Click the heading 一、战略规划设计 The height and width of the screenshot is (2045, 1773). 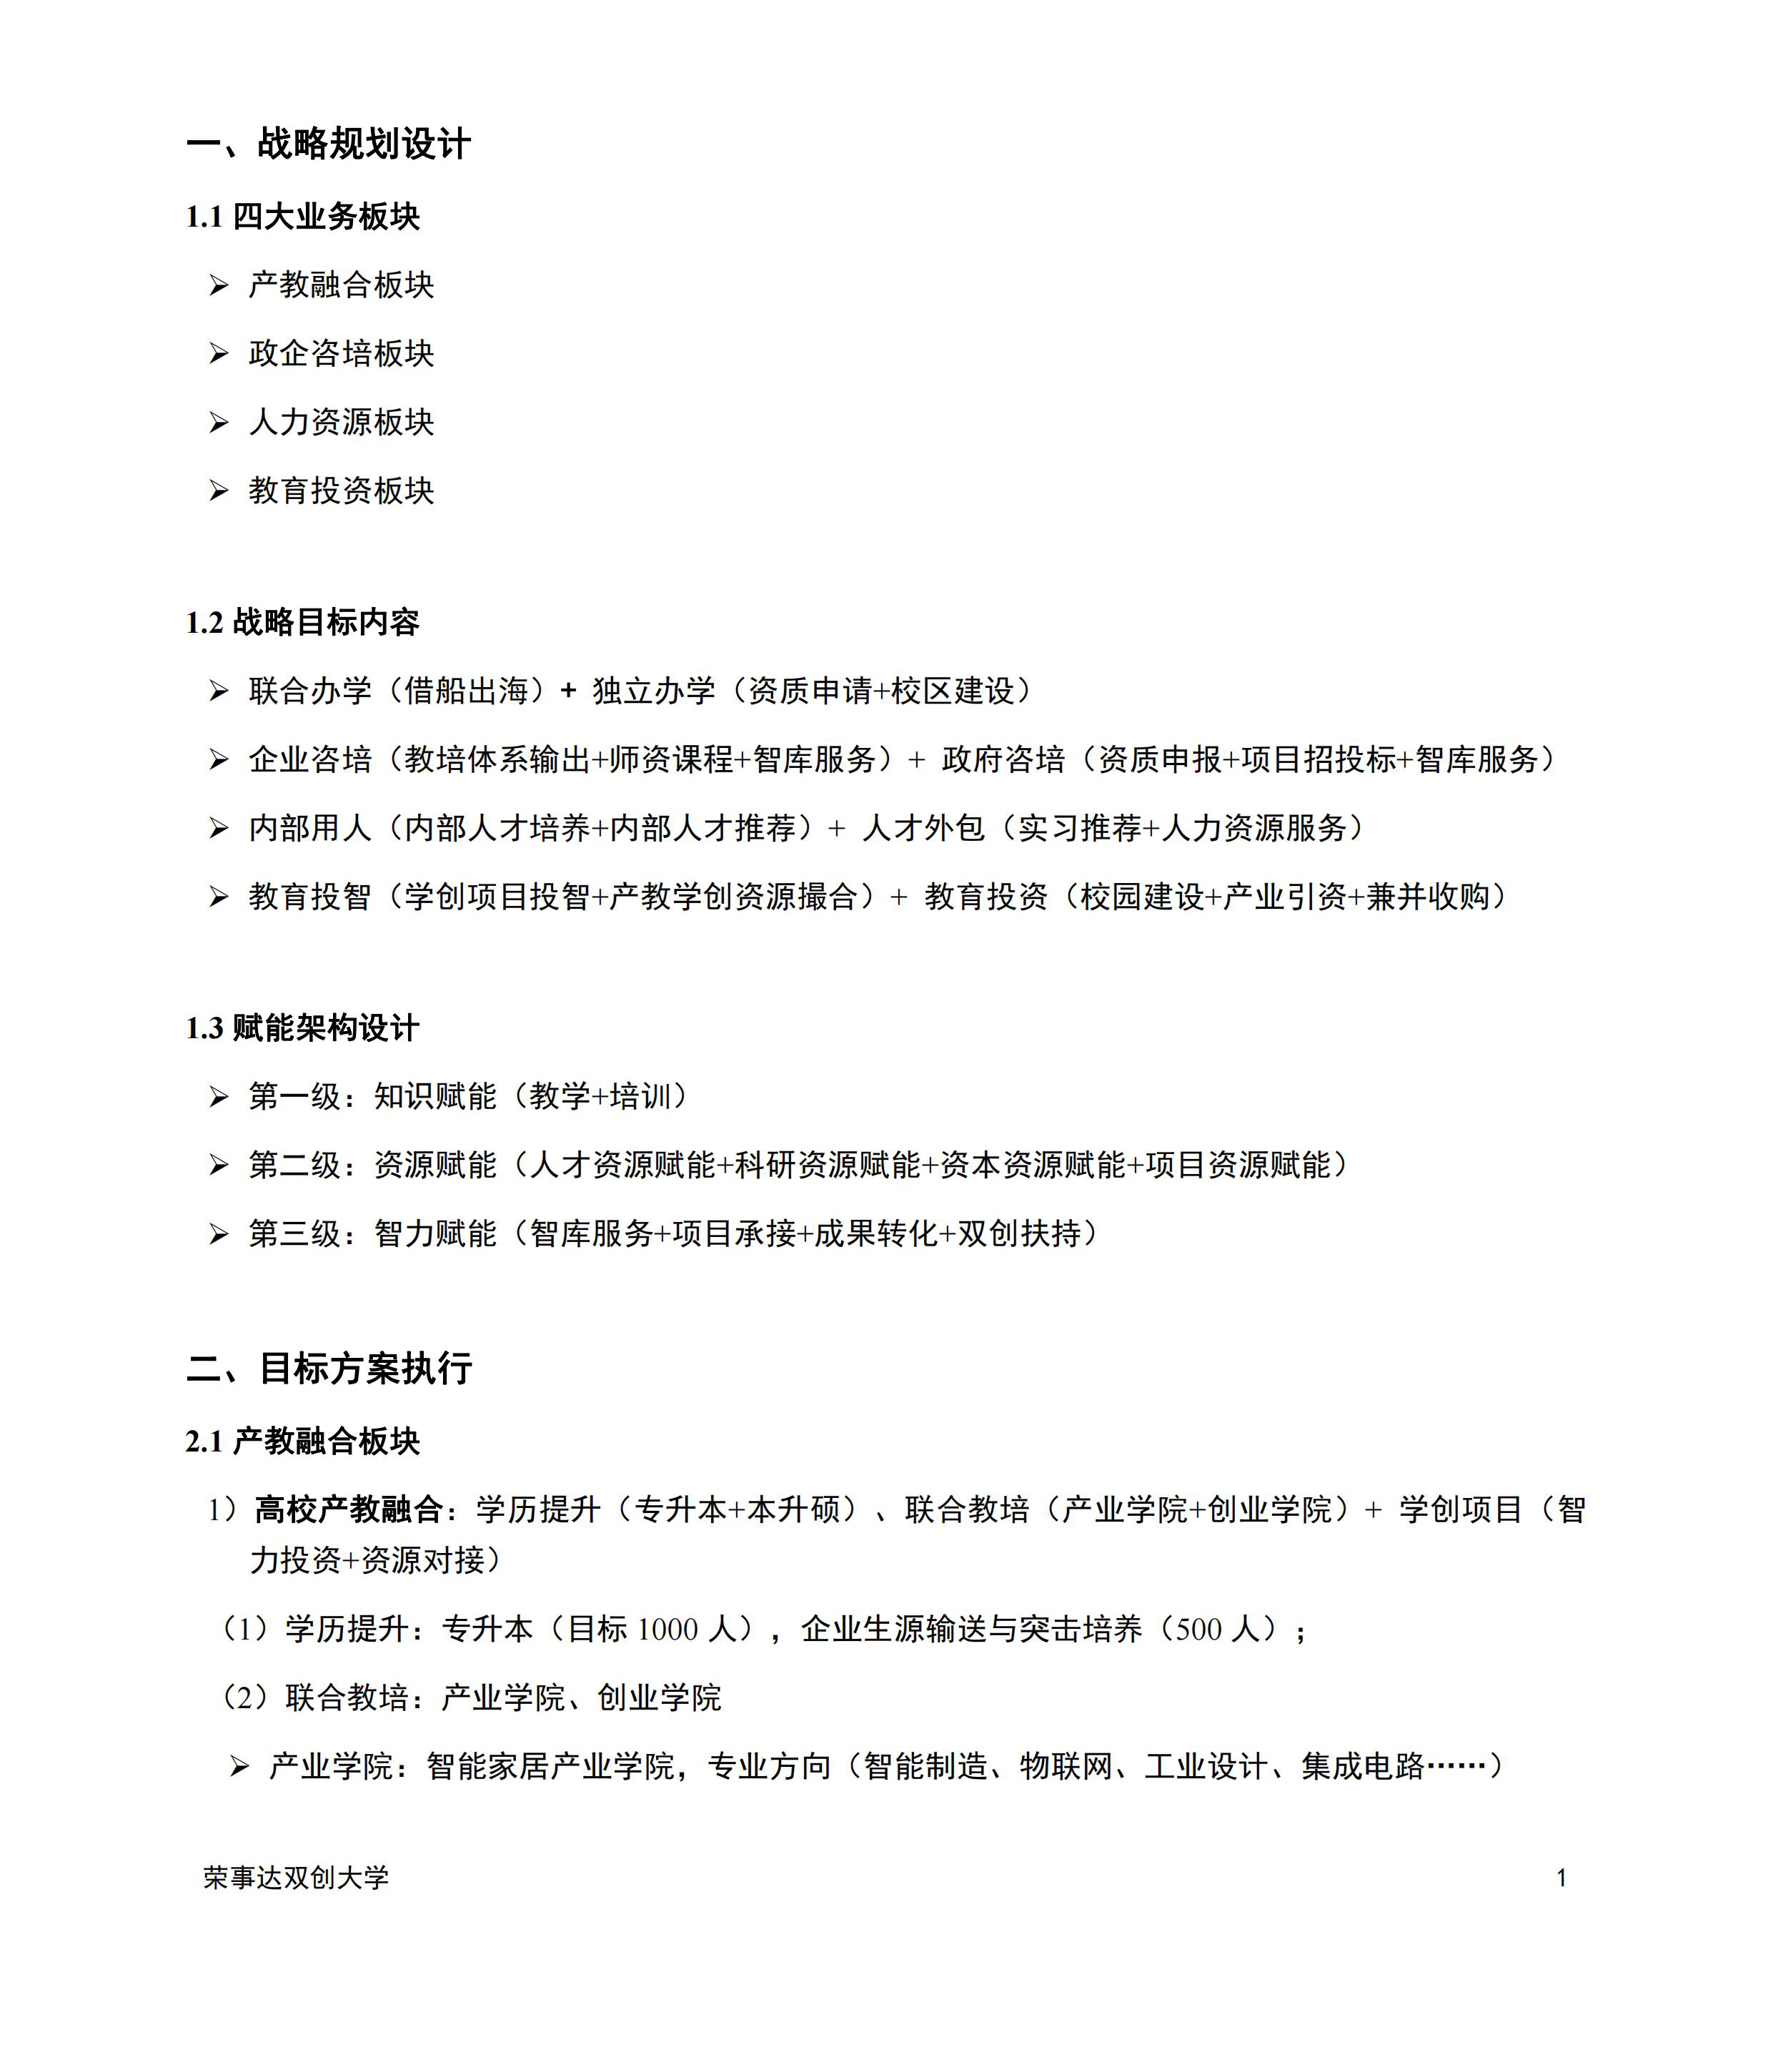tap(329, 144)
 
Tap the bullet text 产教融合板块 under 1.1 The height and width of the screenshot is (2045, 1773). tap(342, 285)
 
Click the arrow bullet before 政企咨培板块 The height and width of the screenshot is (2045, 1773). tap(219, 353)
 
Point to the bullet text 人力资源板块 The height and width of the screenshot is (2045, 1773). tap(342, 423)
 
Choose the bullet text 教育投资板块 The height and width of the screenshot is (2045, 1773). tap(342, 491)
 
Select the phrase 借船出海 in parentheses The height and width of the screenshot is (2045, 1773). tap(466, 691)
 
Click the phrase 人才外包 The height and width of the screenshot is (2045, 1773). tap(923, 827)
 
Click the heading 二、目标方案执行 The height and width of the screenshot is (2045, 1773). tap(329, 1369)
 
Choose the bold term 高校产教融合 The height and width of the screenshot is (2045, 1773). tap(348, 1509)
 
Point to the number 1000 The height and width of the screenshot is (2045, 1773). tap(667, 1630)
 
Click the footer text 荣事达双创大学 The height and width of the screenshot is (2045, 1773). tap(297, 1878)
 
